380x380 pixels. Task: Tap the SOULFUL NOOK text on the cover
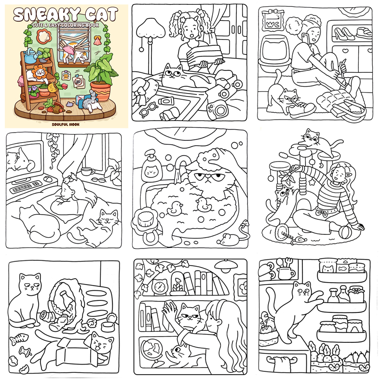(66, 124)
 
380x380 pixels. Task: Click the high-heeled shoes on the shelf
(344, 33)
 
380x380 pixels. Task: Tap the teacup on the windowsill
(87, 171)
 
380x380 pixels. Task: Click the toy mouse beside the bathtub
(228, 239)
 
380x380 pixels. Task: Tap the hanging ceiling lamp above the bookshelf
(226, 265)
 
